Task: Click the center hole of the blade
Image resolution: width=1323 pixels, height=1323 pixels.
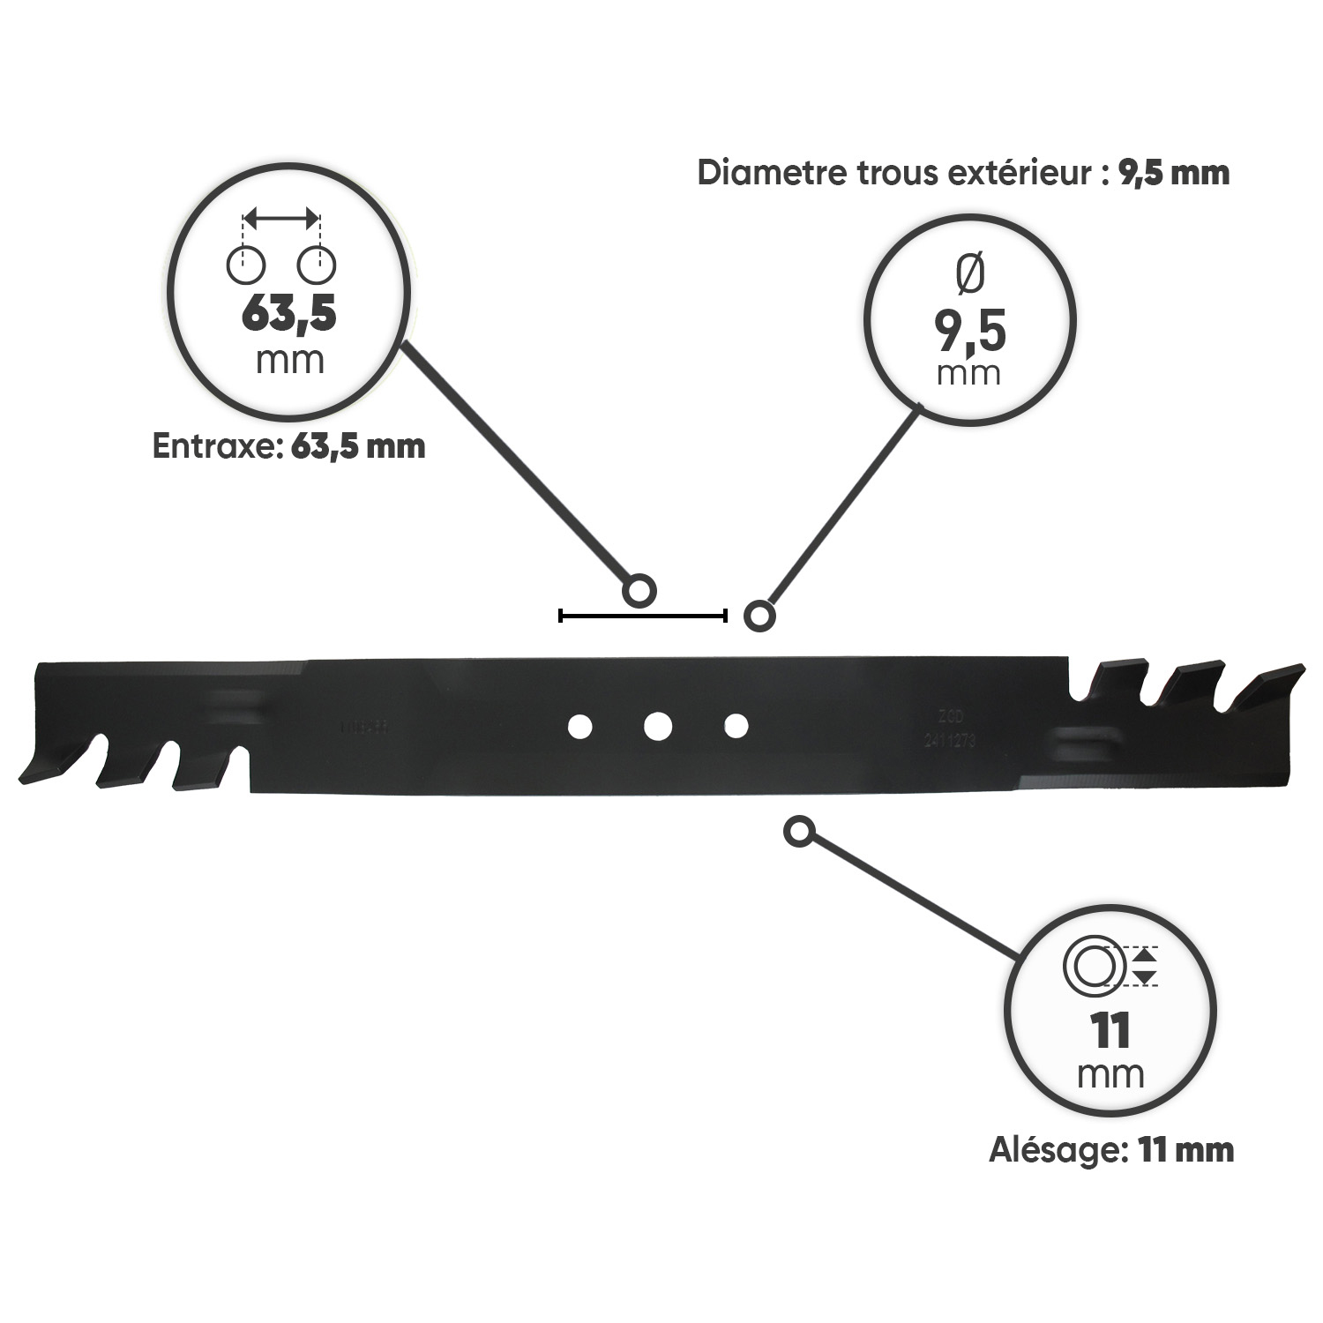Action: pos(658,726)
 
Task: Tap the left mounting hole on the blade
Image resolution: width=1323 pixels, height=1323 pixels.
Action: pos(579,726)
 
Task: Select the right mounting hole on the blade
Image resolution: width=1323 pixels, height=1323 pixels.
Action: pos(736,726)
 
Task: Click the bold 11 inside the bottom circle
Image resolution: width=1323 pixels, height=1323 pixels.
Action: pos(1110,1030)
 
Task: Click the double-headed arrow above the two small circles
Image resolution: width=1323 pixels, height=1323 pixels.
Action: pos(281,217)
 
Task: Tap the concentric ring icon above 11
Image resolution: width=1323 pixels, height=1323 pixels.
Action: pos(1094,966)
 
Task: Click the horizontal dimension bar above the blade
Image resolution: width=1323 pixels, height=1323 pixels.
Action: pos(642,616)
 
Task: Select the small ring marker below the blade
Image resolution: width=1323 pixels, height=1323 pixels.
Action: pos(798,832)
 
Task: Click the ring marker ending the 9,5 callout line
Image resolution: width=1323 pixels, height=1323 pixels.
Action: pos(759,615)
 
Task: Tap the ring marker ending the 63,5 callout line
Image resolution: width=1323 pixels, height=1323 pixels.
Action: pos(639,591)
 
